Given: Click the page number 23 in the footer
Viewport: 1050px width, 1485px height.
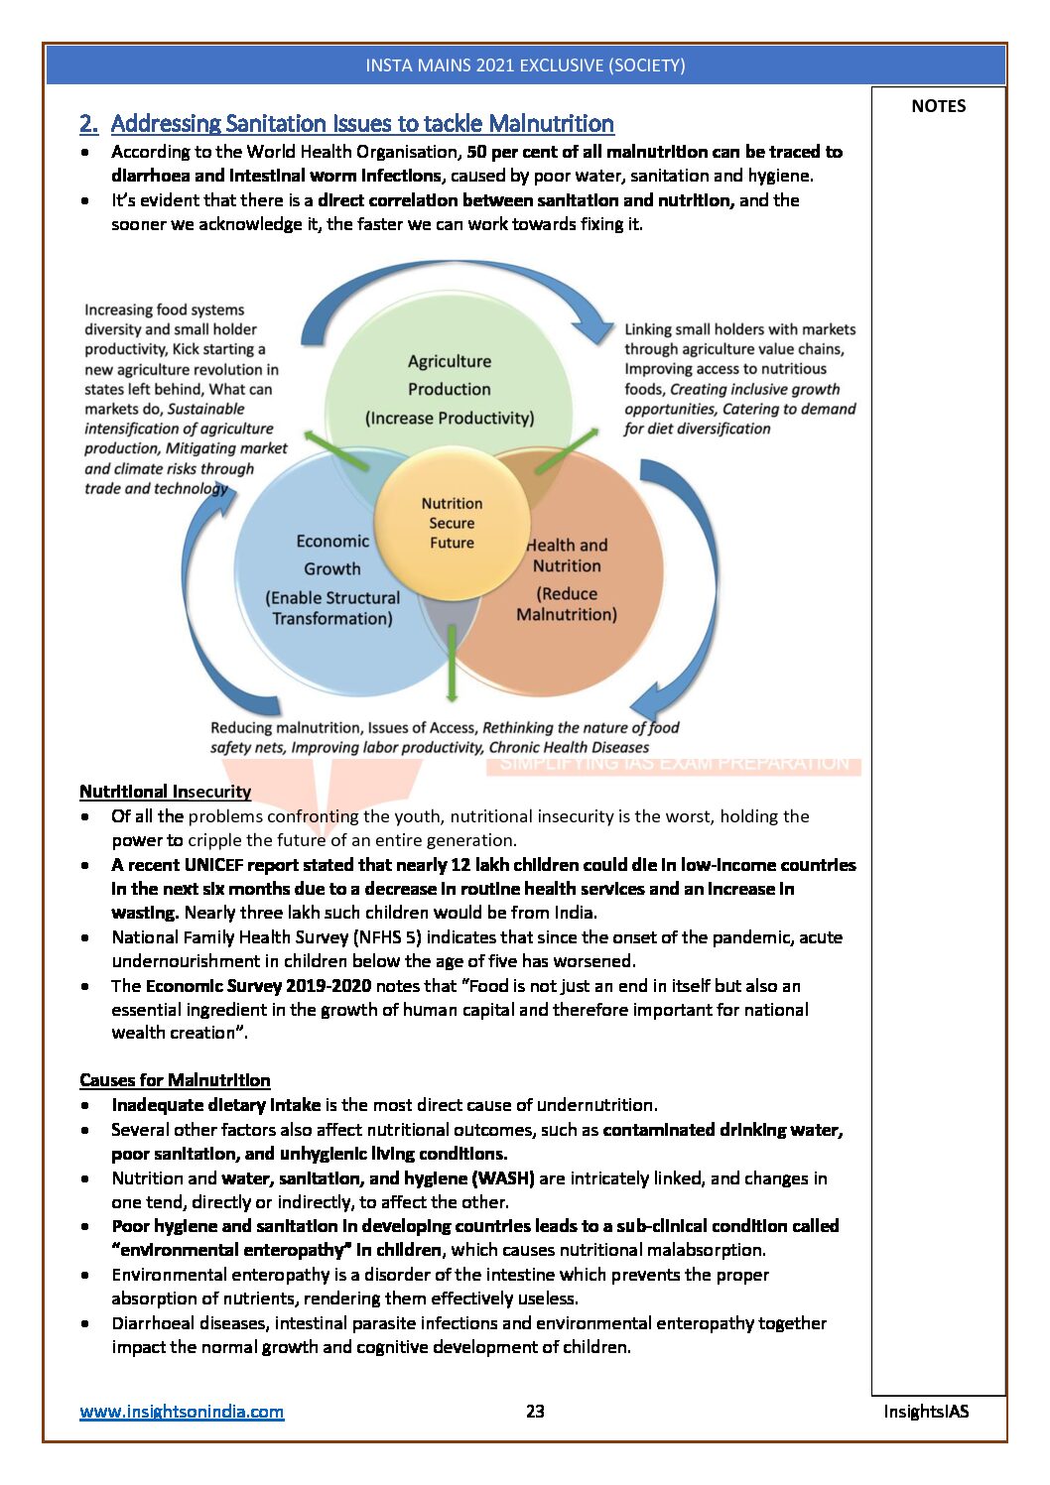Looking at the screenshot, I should pyautogui.click(x=535, y=1411).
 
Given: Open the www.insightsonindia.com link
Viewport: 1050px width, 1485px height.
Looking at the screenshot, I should pyautogui.click(x=182, y=1412).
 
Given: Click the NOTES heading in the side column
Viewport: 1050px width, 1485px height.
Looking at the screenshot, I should pyautogui.click(x=938, y=106).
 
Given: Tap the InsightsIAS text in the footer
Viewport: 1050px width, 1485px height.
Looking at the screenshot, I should pyautogui.click(x=926, y=1411).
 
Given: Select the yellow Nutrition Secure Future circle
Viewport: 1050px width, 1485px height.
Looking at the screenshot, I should pyautogui.click(x=452, y=524).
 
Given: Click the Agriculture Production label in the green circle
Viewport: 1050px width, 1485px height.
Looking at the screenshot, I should pyautogui.click(x=450, y=376).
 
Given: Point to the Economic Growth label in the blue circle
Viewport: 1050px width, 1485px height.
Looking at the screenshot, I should pyautogui.click(x=331, y=556).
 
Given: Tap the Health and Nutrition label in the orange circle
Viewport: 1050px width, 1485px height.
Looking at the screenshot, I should pyautogui.click(x=567, y=556).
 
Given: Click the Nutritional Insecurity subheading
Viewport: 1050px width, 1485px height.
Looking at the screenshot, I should pyautogui.click(x=165, y=792).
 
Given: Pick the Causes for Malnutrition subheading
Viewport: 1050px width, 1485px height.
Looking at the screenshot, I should pyautogui.click(x=175, y=1080).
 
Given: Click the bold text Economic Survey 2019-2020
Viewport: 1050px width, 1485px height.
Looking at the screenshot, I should pyautogui.click(x=258, y=986).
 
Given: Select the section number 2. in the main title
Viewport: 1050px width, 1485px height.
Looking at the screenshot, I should pyautogui.click(x=89, y=124).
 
